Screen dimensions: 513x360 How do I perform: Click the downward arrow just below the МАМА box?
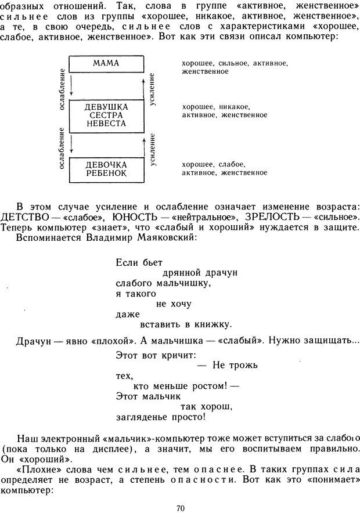coord(70,86)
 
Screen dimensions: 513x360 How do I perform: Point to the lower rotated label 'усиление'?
coord(153,149)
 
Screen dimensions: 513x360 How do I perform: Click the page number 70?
coord(180,508)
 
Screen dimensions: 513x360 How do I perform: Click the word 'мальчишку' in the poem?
coord(183,283)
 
